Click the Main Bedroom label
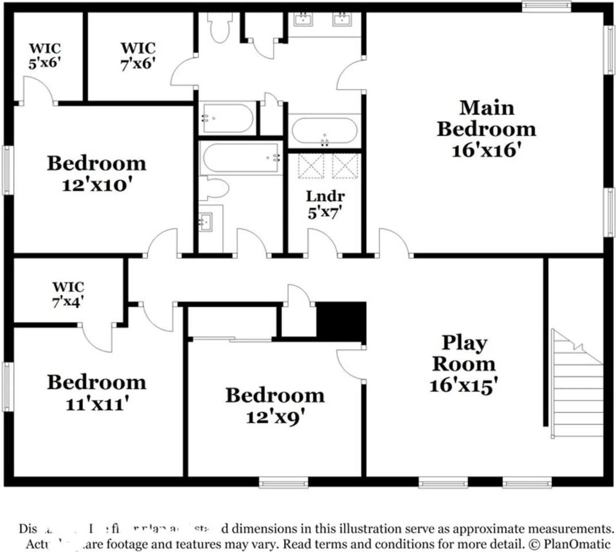pyautogui.click(x=486, y=118)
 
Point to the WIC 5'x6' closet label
pyautogui.click(x=45, y=48)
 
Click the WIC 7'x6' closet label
pyautogui.click(x=137, y=48)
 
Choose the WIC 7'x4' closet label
pyautogui.click(x=68, y=286)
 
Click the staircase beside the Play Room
pyautogui.click(x=576, y=385)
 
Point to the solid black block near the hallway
pyautogui.click(x=341, y=322)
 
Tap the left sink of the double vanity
pyautogui.click(x=303, y=20)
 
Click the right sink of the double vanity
pyautogui.click(x=342, y=20)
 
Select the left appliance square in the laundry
pyautogui.click(x=311, y=166)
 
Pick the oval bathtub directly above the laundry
pyautogui.click(x=325, y=131)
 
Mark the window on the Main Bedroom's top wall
pyautogui.click(x=546, y=6)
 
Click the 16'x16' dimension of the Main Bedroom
pyautogui.click(x=486, y=151)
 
